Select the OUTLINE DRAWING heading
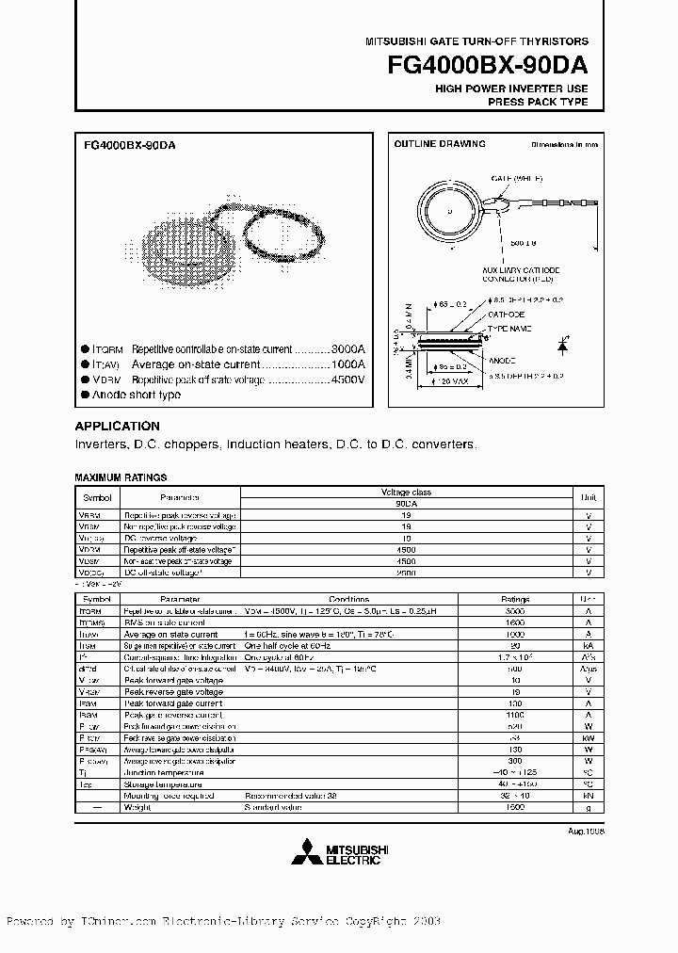click(439, 144)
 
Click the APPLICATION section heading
click(117, 426)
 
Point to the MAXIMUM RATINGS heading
click(121, 477)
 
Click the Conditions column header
click(349, 599)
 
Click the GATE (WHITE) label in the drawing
click(517, 178)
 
